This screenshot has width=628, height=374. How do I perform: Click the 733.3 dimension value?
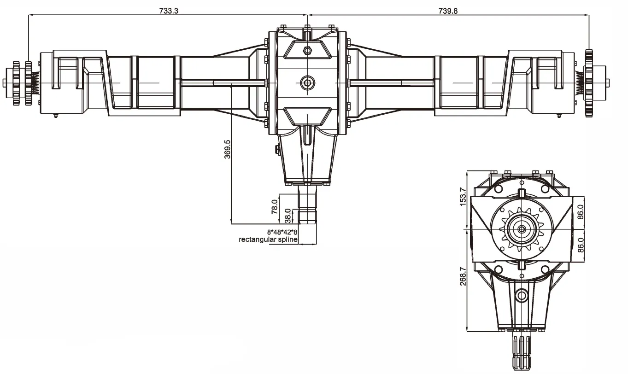point(169,11)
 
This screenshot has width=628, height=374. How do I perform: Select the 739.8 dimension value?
point(448,11)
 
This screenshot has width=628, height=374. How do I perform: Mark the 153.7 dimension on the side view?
point(463,196)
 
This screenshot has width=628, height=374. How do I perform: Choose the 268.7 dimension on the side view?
point(463,276)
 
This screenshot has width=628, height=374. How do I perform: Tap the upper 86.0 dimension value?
point(581,213)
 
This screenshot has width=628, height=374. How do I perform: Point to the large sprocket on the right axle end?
point(588,83)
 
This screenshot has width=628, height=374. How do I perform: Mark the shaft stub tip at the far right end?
point(608,83)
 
